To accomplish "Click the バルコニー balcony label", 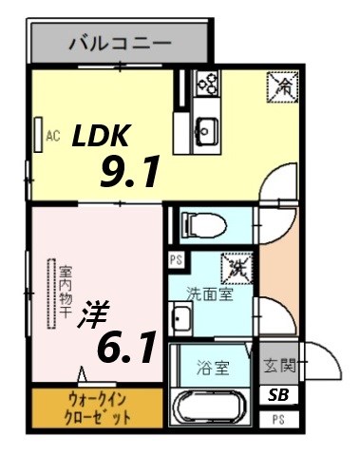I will coord(119,43).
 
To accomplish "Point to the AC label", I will coord(53,136).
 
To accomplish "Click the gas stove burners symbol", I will coord(207,84).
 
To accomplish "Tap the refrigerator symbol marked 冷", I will coord(282,85).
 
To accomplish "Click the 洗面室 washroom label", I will coord(209,294).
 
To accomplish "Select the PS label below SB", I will coord(277,419).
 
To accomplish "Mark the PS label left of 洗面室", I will coord(176,259).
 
